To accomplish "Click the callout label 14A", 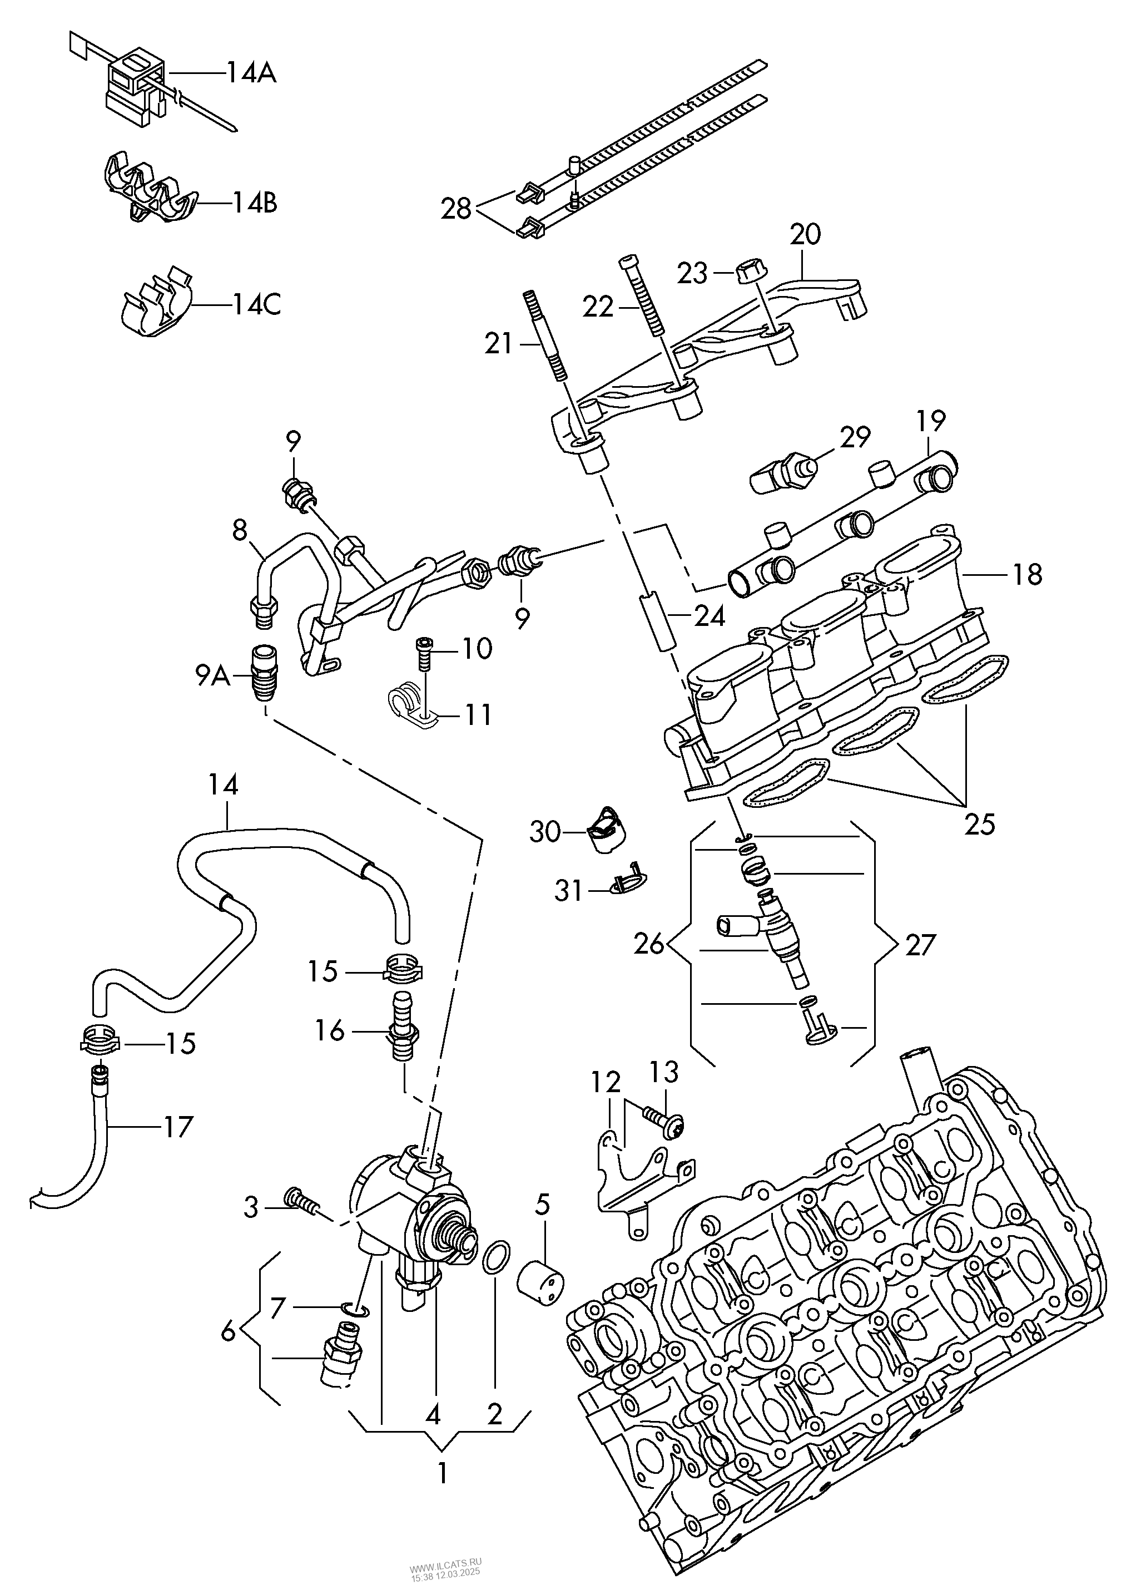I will pos(251,72).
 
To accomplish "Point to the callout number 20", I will pos(805,234).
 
